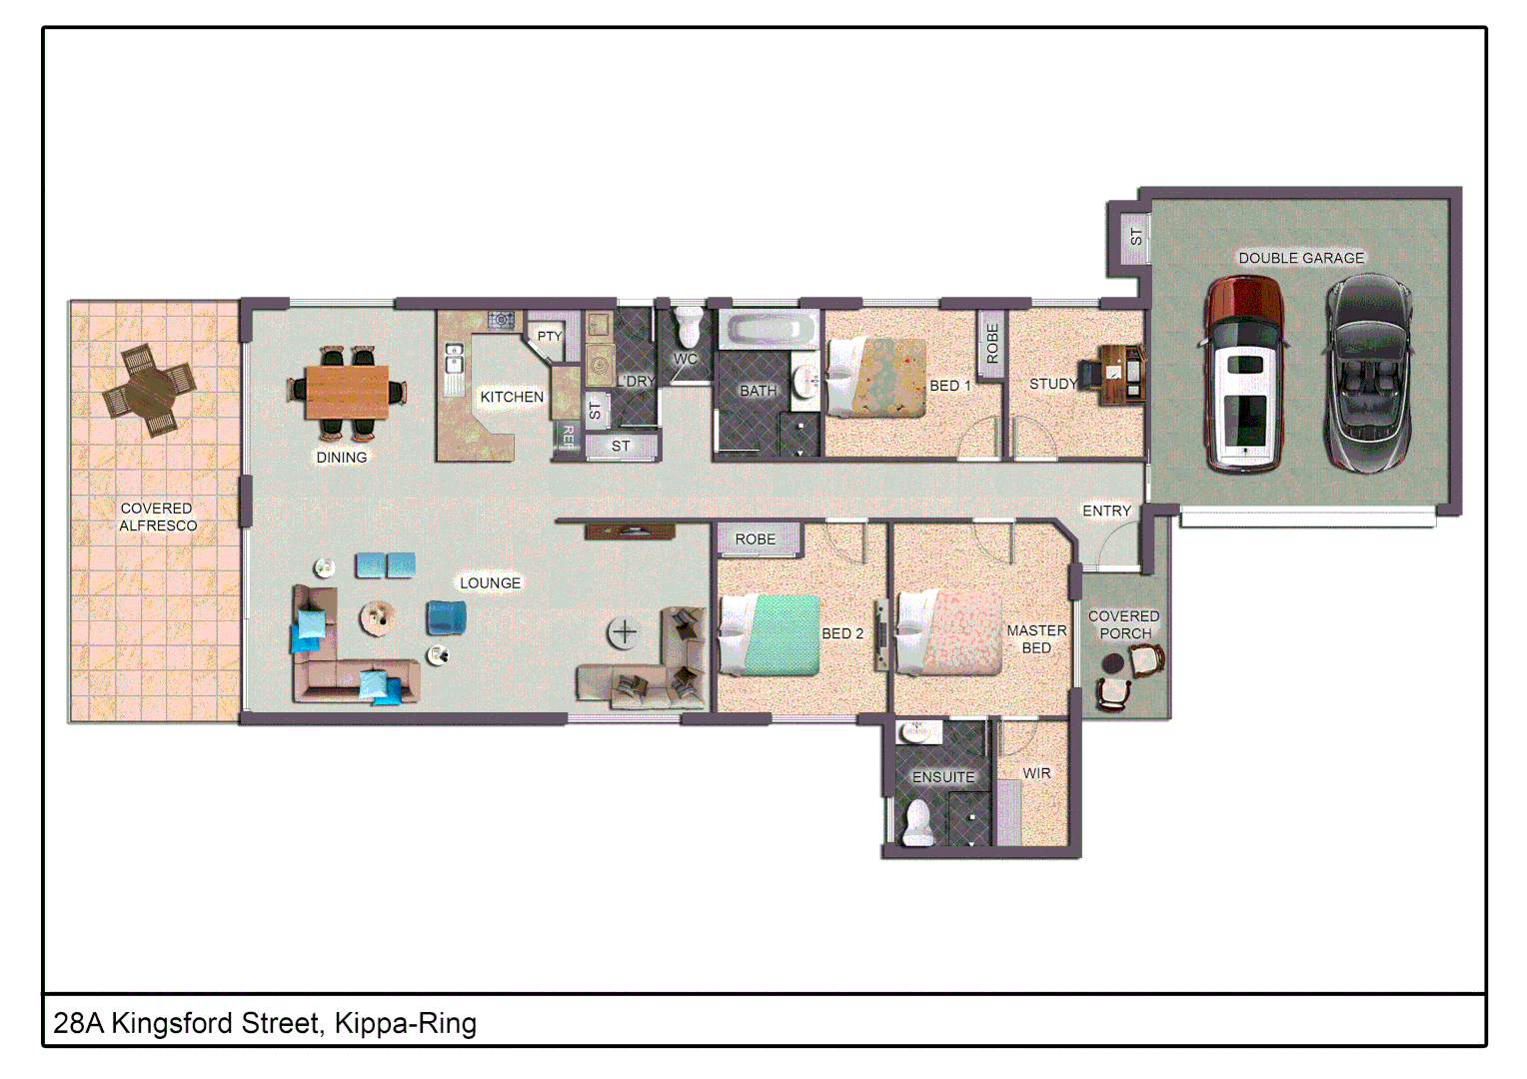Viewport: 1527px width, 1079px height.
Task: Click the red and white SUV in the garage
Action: (1243, 374)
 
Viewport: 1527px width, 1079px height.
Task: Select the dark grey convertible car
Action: (1368, 372)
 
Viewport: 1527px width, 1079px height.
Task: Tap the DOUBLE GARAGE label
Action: (1300, 258)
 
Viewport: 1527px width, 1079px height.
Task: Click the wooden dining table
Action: (347, 392)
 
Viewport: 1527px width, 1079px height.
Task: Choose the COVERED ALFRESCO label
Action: (157, 517)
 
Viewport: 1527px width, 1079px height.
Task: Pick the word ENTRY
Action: (1106, 511)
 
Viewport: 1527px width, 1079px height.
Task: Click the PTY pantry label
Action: (549, 336)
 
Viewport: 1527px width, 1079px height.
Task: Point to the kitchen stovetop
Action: (501, 320)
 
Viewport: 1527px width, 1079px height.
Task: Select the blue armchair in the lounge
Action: (446, 617)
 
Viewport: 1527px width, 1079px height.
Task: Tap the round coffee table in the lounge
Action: (378, 617)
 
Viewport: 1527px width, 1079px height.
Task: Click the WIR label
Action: (1036, 773)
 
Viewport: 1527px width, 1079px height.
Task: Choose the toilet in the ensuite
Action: (917, 824)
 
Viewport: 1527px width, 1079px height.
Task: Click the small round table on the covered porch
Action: (1112, 663)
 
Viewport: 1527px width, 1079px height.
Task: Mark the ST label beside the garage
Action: (1135, 237)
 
